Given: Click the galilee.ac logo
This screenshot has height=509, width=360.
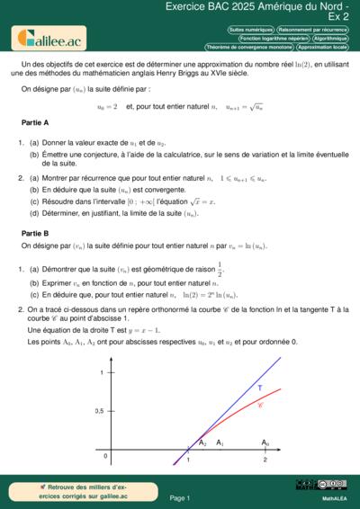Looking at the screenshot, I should [47, 38].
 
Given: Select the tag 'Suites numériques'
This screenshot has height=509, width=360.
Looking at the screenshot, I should [251, 30].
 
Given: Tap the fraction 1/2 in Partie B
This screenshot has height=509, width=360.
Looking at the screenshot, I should [219, 268].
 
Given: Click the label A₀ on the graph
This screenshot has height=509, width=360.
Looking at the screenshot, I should [265, 443].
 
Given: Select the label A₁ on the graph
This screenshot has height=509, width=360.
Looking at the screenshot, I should [220, 443].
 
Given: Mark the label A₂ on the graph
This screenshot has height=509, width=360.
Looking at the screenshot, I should [202, 443].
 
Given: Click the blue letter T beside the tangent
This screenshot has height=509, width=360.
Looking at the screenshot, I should [260, 388].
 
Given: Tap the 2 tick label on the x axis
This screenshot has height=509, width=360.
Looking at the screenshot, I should [265, 460].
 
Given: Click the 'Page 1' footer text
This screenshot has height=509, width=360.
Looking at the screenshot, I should [180, 497].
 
